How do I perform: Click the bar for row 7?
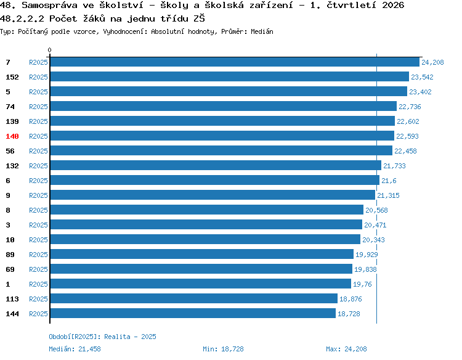point(235,62)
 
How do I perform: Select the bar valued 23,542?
point(230,76)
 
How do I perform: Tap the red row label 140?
point(12,136)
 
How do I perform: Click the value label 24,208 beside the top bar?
point(432,62)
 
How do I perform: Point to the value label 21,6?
point(389,181)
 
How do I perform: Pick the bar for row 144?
point(193,313)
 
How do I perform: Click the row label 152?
point(12,77)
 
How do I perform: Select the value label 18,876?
point(351,299)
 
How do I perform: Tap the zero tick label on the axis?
point(49,50)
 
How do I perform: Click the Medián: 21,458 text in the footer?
point(75,349)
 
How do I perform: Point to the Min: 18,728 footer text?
point(223,349)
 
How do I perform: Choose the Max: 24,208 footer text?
point(346,349)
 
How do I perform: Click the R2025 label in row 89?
point(38,255)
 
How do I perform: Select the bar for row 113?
point(194,298)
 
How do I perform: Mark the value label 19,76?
point(362,284)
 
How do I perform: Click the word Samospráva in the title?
point(49,6)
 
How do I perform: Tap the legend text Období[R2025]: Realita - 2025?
point(102,337)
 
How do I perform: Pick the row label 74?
point(10,107)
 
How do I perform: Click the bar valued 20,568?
point(207,210)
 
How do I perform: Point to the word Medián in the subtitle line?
point(262,31)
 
